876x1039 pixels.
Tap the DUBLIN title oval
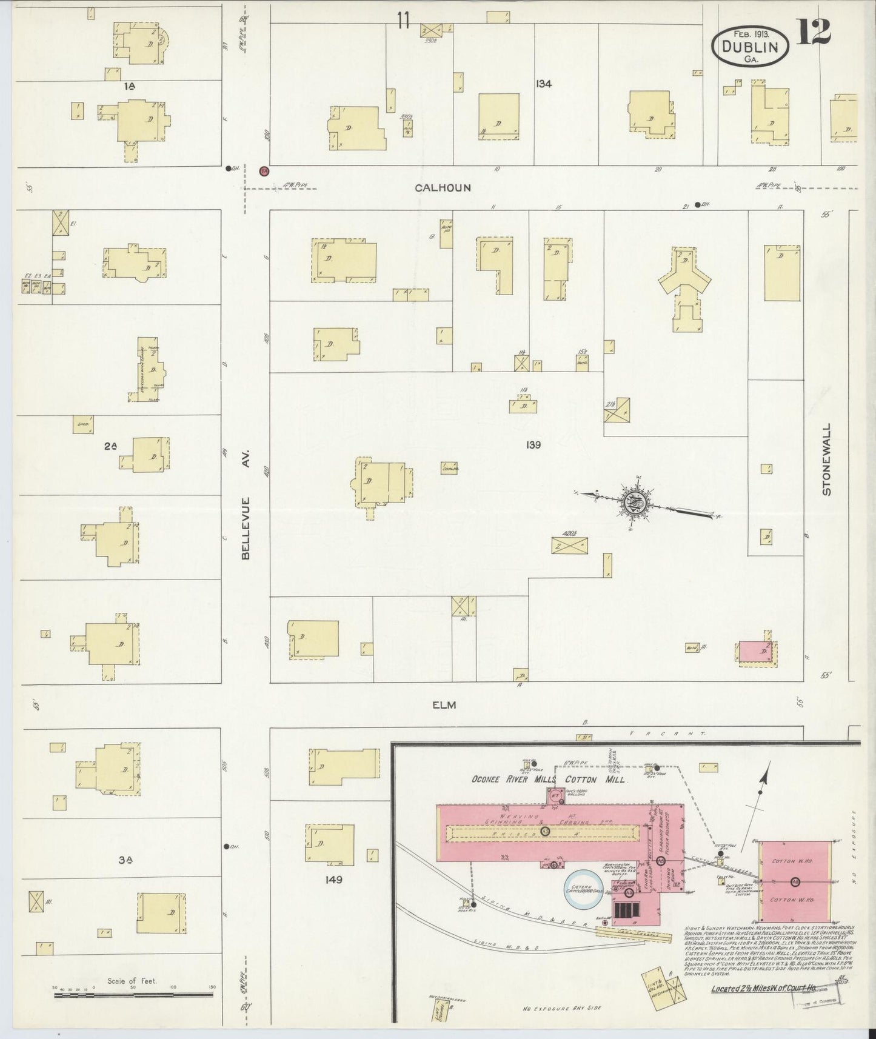(751, 47)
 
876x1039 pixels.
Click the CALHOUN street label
(443, 188)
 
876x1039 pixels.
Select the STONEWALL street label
(826, 459)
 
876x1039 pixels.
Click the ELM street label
(444, 705)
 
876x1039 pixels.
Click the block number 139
(533, 445)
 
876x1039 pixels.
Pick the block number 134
(543, 84)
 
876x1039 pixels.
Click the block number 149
(333, 880)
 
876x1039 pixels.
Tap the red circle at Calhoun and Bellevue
(264, 171)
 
